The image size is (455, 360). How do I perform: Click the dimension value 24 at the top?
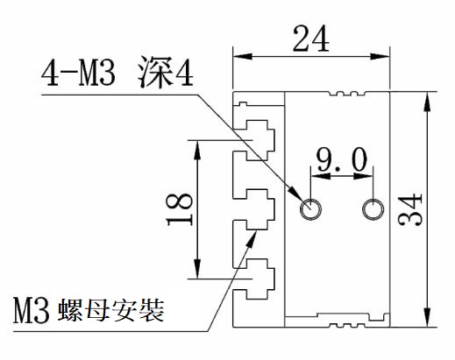(x=311, y=39)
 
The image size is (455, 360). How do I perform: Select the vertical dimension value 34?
(x=410, y=209)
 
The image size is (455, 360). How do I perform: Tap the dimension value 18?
(x=180, y=209)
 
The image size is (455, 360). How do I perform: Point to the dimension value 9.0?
(x=342, y=159)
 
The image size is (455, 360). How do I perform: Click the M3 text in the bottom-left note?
(x=32, y=310)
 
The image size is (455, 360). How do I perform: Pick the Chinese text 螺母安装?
(x=111, y=310)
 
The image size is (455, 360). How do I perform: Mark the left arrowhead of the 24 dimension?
(x=242, y=56)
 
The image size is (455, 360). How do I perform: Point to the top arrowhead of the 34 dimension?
(x=427, y=101)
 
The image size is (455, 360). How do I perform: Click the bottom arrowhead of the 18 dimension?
(x=198, y=269)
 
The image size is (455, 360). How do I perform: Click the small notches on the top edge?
(x=347, y=94)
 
